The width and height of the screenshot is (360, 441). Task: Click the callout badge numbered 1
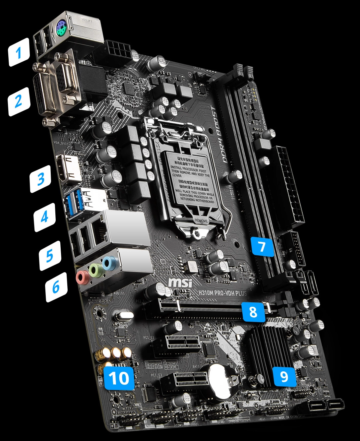click(x=19, y=52)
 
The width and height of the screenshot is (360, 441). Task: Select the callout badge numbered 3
click(x=41, y=179)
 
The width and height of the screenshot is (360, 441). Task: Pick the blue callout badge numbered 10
click(x=119, y=378)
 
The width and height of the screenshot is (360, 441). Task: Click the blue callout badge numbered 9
click(x=284, y=376)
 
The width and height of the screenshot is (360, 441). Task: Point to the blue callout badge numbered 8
click(x=253, y=312)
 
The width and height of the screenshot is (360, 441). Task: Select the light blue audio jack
click(x=108, y=263)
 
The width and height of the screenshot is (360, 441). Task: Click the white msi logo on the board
click(x=180, y=283)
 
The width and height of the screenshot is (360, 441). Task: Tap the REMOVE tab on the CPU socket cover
click(x=201, y=221)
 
